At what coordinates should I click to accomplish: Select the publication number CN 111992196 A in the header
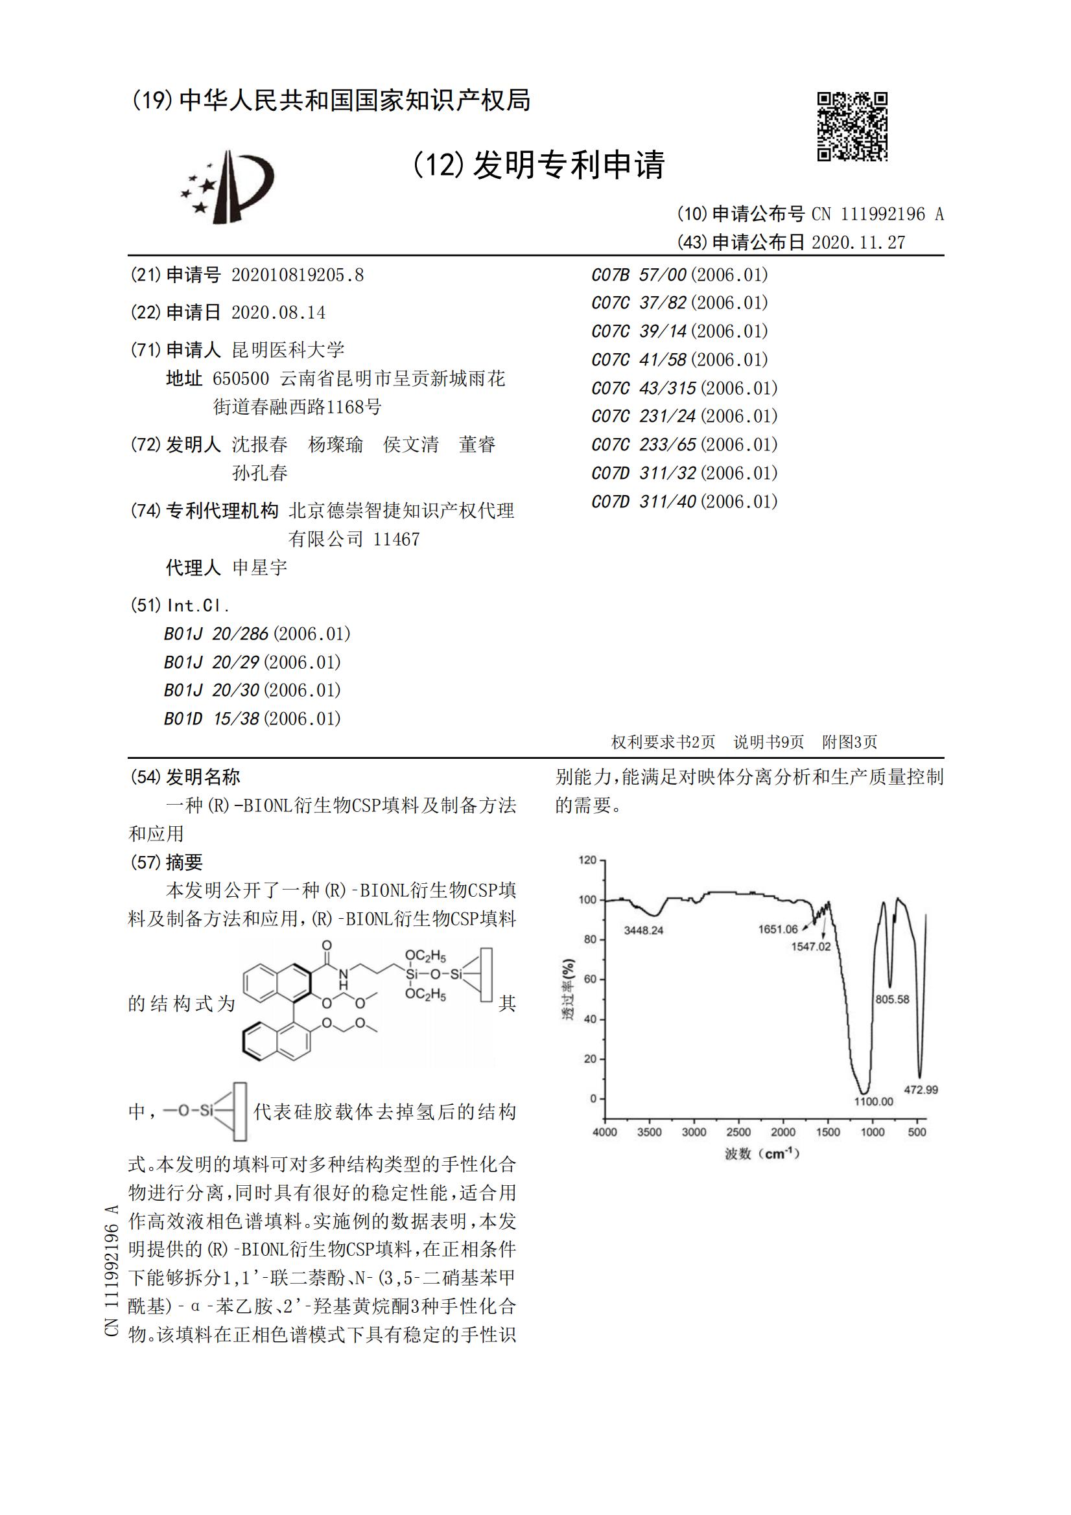coord(877,214)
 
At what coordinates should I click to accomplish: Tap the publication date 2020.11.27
coord(858,243)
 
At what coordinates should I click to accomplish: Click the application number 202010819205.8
coord(297,275)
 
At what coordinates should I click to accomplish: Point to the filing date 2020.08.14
coord(278,312)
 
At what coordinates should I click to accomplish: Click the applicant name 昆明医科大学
coord(288,350)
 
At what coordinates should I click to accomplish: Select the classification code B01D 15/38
coord(252,719)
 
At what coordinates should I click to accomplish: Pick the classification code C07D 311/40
coord(684,502)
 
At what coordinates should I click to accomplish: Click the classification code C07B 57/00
coord(679,275)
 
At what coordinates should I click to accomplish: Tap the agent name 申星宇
coord(259,568)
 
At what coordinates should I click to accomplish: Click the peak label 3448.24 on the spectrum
coord(643,931)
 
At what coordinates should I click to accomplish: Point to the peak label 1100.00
coord(873,1102)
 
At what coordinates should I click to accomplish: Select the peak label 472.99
coord(921,1089)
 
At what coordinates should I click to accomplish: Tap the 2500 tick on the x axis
coord(738,1132)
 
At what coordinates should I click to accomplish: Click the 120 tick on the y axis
coord(587,860)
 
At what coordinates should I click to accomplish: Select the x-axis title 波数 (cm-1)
coord(762,1153)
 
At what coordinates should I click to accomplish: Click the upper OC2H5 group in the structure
coord(425,956)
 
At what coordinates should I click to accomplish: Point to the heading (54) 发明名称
coord(185,777)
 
